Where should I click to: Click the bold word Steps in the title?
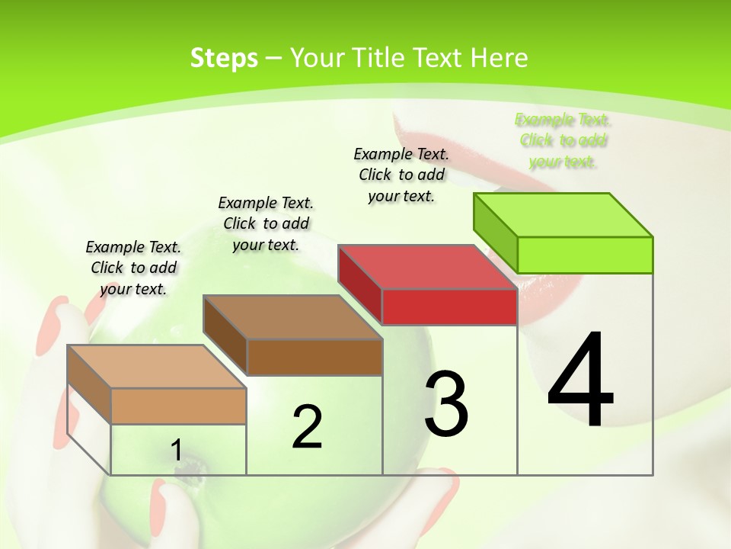pos(224,58)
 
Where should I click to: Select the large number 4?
pos(581,380)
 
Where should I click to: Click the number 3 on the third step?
pos(446,404)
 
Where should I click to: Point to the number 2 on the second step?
pos(307,427)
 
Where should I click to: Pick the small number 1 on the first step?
pos(176,450)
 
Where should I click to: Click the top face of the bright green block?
pos(563,215)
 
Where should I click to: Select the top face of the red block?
pos(427,267)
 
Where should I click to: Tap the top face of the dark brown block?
pos(292,317)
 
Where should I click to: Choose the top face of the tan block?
pos(156,367)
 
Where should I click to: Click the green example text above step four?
pos(563,140)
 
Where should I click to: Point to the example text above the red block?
pos(401,175)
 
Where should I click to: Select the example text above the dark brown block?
pos(266,223)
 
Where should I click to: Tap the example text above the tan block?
pos(133,268)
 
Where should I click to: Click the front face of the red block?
pos(449,307)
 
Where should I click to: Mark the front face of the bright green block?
pos(585,255)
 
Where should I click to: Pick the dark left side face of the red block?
pos(360,284)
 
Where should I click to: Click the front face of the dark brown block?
pos(314,357)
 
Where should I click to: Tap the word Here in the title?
pos(500,58)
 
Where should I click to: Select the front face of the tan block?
pos(178,406)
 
